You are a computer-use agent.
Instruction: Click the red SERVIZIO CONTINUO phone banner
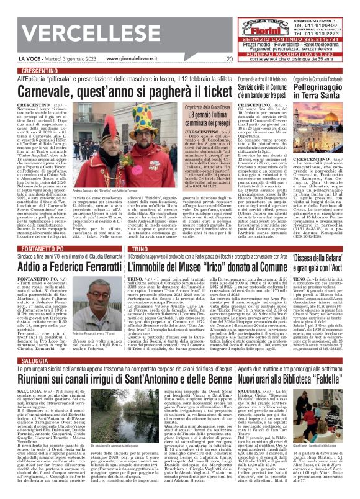[289, 38]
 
